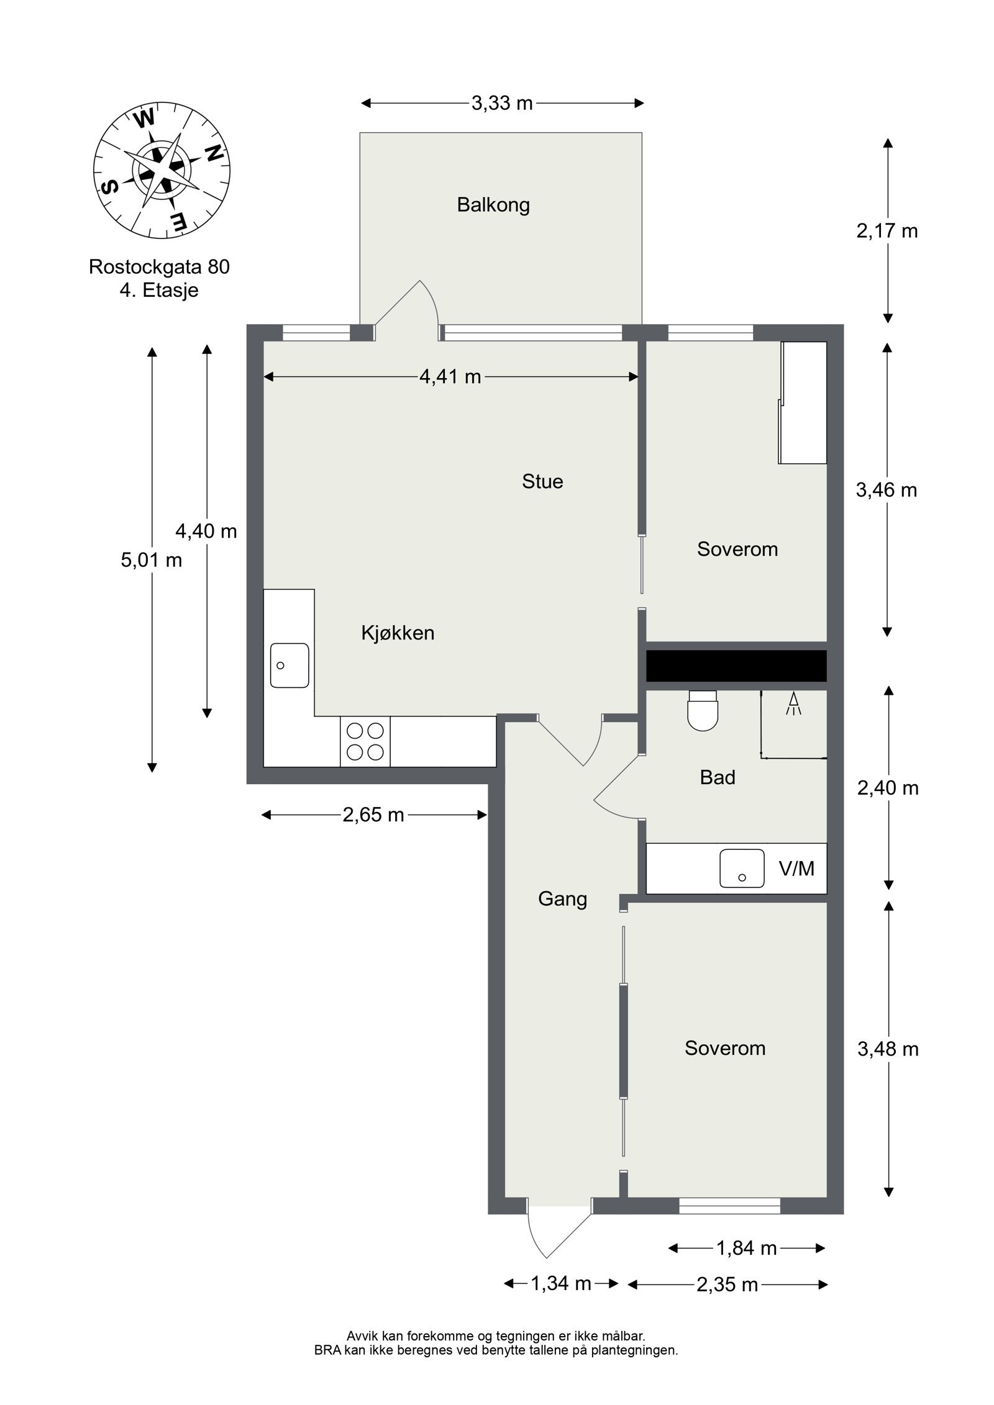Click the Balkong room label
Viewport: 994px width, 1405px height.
coord(493,206)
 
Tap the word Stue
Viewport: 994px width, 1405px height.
coord(542,482)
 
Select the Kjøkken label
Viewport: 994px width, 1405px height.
coord(398,633)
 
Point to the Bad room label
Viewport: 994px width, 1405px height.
coord(718,777)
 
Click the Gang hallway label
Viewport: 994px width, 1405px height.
coord(562,900)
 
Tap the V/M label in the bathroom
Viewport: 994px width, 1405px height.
coord(796,869)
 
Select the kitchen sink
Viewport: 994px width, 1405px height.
coord(290,665)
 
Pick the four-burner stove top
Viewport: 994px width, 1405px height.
coord(365,741)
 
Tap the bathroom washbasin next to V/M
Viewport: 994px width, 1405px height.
coord(742,868)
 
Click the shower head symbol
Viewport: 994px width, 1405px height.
coord(793,703)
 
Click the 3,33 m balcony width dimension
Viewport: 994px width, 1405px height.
coord(502,103)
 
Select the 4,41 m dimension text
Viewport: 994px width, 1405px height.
coord(450,376)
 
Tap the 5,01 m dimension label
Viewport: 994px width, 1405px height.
coord(152,560)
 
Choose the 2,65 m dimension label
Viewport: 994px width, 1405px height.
coord(373,815)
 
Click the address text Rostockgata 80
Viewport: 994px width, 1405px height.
coord(159,267)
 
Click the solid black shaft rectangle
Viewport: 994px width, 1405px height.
coord(736,666)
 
